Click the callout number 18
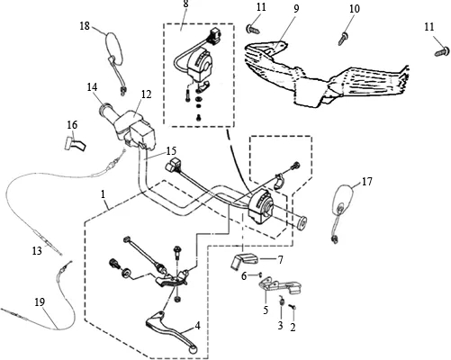(x=85, y=26)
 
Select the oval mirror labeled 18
(x=114, y=49)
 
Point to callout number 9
(x=296, y=9)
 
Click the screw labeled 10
(x=343, y=39)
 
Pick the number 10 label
(x=355, y=9)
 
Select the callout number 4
(x=197, y=326)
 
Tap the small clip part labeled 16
(x=75, y=144)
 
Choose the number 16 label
(x=72, y=125)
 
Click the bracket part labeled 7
(x=245, y=260)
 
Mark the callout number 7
(x=280, y=260)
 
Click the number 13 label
(x=37, y=250)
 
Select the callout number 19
(x=40, y=302)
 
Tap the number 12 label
(x=146, y=94)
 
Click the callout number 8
(x=186, y=4)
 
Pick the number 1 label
(x=103, y=194)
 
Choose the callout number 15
(x=172, y=150)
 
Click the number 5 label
(x=266, y=310)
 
